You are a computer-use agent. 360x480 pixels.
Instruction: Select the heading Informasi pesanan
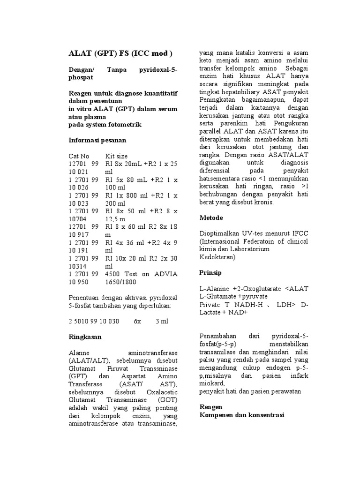pyautogui.click(x=97, y=140)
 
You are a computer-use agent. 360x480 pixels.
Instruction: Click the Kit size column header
pyautogui.click(x=117, y=156)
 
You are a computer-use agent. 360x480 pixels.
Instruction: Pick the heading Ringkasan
pyautogui.click(x=85, y=337)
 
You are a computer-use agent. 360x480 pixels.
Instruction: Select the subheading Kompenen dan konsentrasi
pyautogui.click(x=242, y=415)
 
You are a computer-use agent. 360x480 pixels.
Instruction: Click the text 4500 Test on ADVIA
pyautogui.click(x=142, y=274)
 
